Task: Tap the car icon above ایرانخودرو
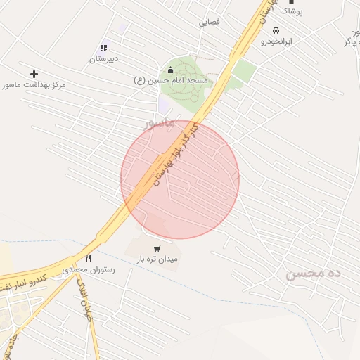[x=276, y=31]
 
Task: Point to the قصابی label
[x=209, y=22]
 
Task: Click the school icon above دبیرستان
[x=103, y=48]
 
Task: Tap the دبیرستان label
[x=103, y=59]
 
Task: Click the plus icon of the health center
[x=34, y=74]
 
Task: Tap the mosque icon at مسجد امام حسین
[x=169, y=70]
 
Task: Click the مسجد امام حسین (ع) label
[x=169, y=81]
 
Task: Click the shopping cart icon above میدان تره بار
[x=156, y=248]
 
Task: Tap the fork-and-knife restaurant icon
[x=88, y=258]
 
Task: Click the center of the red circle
[x=180, y=179]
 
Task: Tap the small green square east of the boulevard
[x=244, y=71]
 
